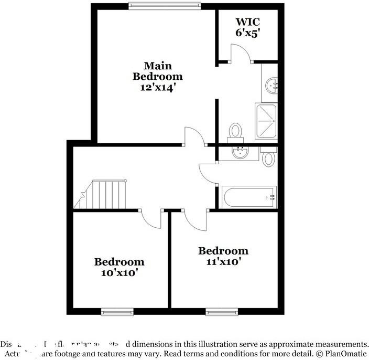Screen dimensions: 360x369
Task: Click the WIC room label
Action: pos(247,22)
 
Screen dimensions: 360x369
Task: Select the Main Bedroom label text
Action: pos(157,71)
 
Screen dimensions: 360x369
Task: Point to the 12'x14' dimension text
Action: pos(157,88)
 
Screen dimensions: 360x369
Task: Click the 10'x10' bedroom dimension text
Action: pos(119,273)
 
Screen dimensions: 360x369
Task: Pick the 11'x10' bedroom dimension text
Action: pos(223,261)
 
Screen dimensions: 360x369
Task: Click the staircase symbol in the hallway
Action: pos(105,194)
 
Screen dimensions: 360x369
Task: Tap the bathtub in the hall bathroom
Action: pos(248,197)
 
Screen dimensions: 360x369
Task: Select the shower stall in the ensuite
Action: pos(266,121)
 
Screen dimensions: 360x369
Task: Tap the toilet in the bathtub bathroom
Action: pos(269,156)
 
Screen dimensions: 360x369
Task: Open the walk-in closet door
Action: pos(241,52)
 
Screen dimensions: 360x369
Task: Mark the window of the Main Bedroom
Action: pos(165,6)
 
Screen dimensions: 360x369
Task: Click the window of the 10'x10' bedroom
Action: pos(117,313)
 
